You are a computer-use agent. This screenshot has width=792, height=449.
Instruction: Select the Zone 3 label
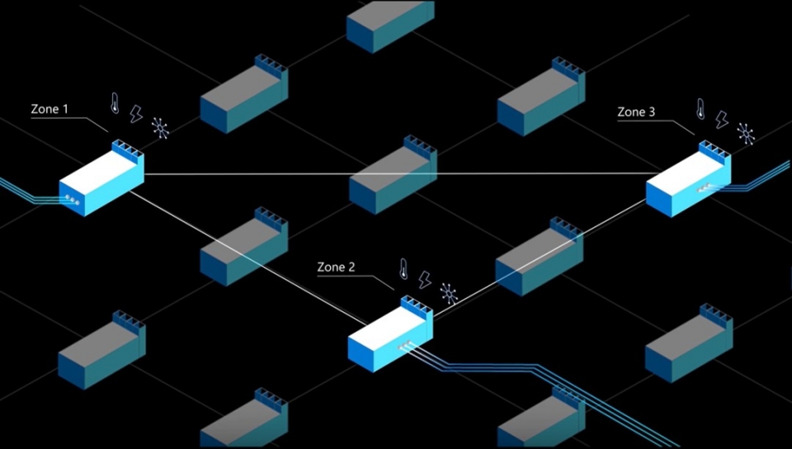pyautogui.click(x=636, y=112)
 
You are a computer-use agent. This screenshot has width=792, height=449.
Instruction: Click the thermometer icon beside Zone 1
pyautogui.click(x=115, y=104)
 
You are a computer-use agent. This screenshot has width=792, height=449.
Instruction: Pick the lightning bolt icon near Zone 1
pyautogui.click(x=137, y=115)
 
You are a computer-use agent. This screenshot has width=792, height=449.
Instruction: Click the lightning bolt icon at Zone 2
pyautogui.click(x=425, y=280)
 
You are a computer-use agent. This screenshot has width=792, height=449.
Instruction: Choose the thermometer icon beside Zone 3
pyautogui.click(x=700, y=108)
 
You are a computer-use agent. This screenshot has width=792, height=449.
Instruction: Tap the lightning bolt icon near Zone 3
pyautogui.click(x=722, y=120)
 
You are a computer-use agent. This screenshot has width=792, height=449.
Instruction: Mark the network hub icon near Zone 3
pyautogui.click(x=746, y=132)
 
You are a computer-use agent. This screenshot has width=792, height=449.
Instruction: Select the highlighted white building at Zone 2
pyautogui.click(x=389, y=334)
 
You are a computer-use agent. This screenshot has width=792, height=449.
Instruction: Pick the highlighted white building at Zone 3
pyautogui.click(x=687, y=183)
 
